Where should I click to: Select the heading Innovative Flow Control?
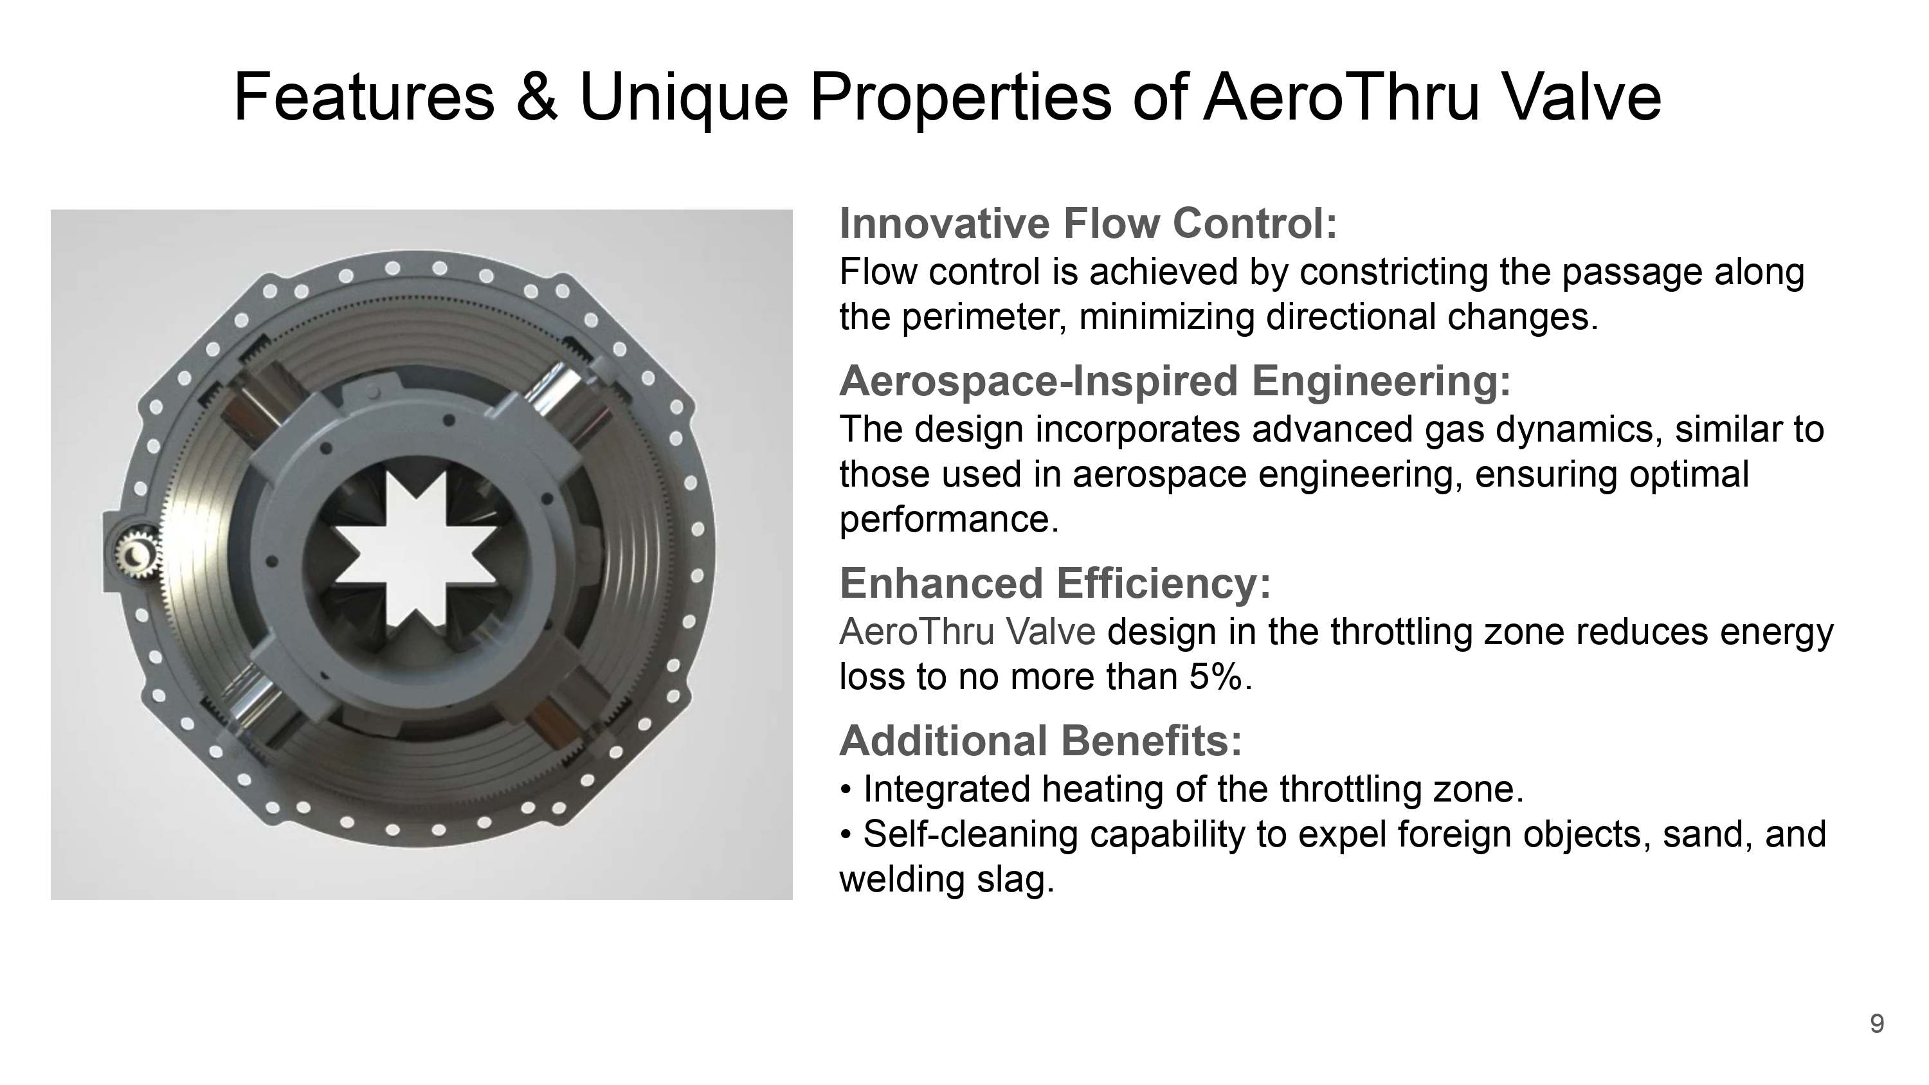[1088, 223]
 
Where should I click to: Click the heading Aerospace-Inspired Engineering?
[1175, 381]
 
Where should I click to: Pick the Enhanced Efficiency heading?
[1055, 582]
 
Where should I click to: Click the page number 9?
[1876, 1023]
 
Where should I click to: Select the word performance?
[949, 519]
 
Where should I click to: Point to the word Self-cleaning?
[970, 834]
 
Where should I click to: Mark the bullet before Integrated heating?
[846, 791]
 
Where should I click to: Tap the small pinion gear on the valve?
[137, 553]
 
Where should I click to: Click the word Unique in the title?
[684, 98]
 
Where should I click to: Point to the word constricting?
[1393, 273]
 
